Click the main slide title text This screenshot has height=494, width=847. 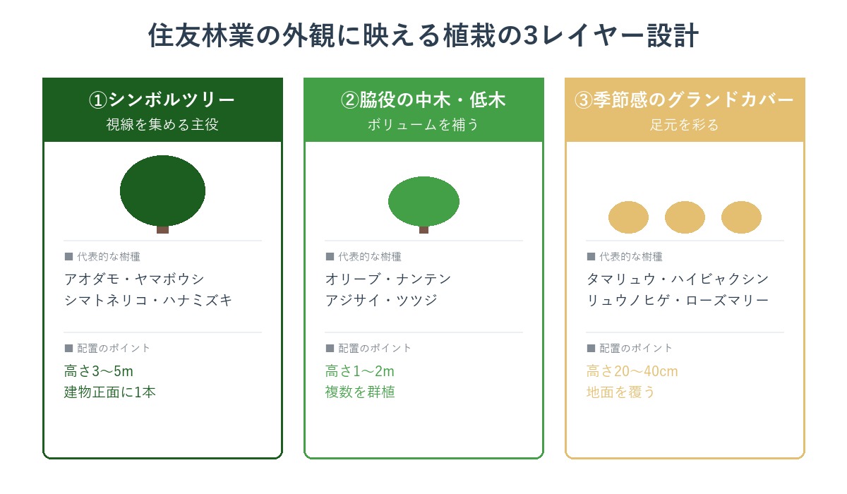coord(423,36)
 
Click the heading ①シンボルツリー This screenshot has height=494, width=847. coord(162,100)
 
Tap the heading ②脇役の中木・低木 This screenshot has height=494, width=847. coord(423,100)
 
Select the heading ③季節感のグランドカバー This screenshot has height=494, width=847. coord(685,100)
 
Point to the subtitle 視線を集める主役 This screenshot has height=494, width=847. coord(162,125)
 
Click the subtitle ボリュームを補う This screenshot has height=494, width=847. coord(423,125)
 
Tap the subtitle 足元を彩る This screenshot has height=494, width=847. coord(685,125)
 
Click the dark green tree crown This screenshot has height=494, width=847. coord(162,191)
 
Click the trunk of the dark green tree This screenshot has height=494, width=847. coord(162,229)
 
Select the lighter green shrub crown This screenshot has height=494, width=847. coord(423,202)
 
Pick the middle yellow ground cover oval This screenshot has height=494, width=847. coord(685,217)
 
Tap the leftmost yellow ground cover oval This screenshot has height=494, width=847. coord(628,217)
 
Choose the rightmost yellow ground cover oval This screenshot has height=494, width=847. coord(741,217)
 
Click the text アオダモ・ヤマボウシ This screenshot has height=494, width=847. coord(134,279)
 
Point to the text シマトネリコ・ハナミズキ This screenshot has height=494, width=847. coord(148,301)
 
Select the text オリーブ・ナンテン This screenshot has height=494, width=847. coord(388,279)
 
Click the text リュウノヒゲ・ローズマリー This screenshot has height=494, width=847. coord(678,301)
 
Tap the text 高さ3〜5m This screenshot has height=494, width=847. coord(99,371)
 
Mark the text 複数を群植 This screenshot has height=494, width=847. coord(360,392)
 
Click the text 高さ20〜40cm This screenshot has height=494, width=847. coord(632,371)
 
